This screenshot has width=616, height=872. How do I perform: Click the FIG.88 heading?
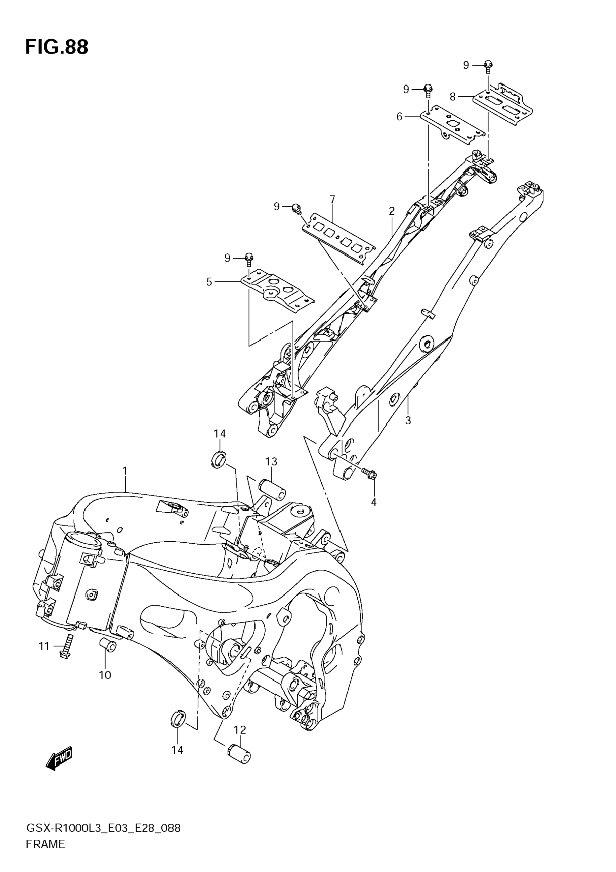pyautogui.click(x=57, y=47)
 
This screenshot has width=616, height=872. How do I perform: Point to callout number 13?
pyautogui.click(x=271, y=462)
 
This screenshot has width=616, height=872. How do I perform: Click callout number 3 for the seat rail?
pyautogui.click(x=408, y=420)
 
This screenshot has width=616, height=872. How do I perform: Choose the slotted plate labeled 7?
pyautogui.click(x=338, y=239)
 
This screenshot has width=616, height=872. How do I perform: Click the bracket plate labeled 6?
pyautogui.click(x=452, y=125)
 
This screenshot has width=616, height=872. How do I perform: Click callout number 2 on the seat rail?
pyautogui.click(x=392, y=211)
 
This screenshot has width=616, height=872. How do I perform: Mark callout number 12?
pyautogui.click(x=240, y=730)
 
